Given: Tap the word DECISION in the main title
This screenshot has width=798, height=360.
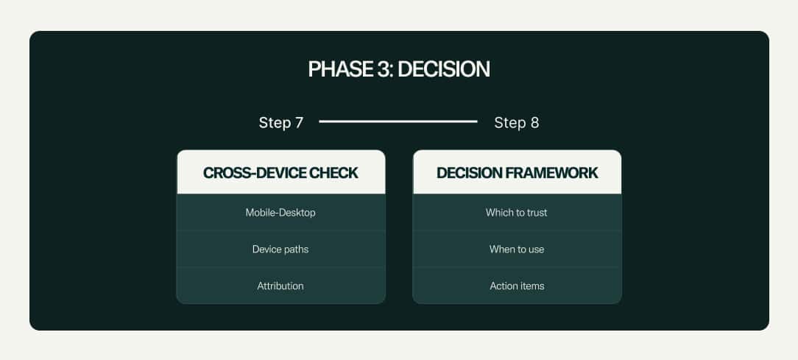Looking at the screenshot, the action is pyautogui.click(x=444, y=69).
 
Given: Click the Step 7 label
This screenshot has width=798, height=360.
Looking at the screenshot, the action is pyautogui.click(x=281, y=123).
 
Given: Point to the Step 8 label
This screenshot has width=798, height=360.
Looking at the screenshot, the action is pyautogui.click(x=517, y=123).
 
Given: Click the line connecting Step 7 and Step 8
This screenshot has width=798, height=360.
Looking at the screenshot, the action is pyautogui.click(x=398, y=121).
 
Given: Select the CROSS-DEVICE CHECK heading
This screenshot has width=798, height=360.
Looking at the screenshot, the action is pyautogui.click(x=280, y=172).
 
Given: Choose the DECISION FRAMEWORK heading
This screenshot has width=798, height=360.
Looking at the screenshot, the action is pyautogui.click(x=517, y=172).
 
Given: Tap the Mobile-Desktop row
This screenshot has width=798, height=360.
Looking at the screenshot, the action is pyautogui.click(x=280, y=212).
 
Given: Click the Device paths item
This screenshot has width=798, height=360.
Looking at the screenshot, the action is pyautogui.click(x=280, y=249).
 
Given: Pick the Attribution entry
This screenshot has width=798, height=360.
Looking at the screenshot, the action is pyautogui.click(x=280, y=286).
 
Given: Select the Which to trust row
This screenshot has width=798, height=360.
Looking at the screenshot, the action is pyautogui.click(x=517, y=212).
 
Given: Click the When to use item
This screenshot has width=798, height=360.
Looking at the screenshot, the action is pyautogui.click(x=517, y=249).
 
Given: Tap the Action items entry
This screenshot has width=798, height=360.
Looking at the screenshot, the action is pyautogui.click(x=517, y=286).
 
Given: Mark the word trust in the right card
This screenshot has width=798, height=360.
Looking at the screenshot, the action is pyautogui.click(x=536, y=212).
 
